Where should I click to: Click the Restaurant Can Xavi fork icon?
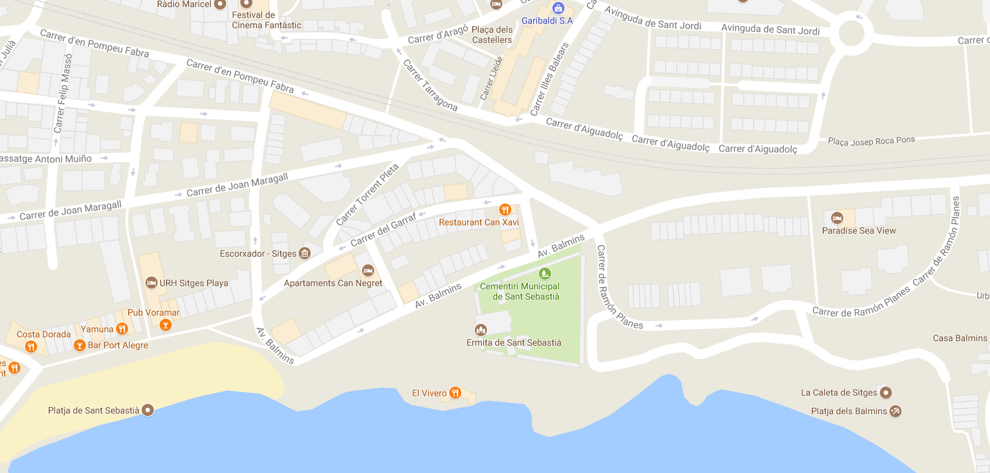[x=505, y=209]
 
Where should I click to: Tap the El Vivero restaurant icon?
[x=455, y=392]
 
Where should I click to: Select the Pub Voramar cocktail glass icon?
[x=166, y=325]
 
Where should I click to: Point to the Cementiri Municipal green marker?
[x=544, y=274]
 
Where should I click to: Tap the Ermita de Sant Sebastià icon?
[x=481, y=330]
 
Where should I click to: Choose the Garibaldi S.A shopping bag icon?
[x=558, y=8]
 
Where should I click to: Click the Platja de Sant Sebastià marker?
[x=148, y=410]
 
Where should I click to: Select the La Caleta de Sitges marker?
[x=886, y=392]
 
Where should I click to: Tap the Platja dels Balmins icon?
[x=896, y=411]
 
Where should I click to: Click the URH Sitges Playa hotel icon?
[x=151, y=282]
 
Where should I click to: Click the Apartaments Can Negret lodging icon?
[x=368, y=270]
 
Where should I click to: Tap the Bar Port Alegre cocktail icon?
[x=79, y=346]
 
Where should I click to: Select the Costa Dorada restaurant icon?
[x=31, y=347]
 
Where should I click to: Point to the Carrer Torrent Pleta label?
[x=367, y=194]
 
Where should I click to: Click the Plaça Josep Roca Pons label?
[x=871, y=140]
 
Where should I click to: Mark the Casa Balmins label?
[x=959, y=338]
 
